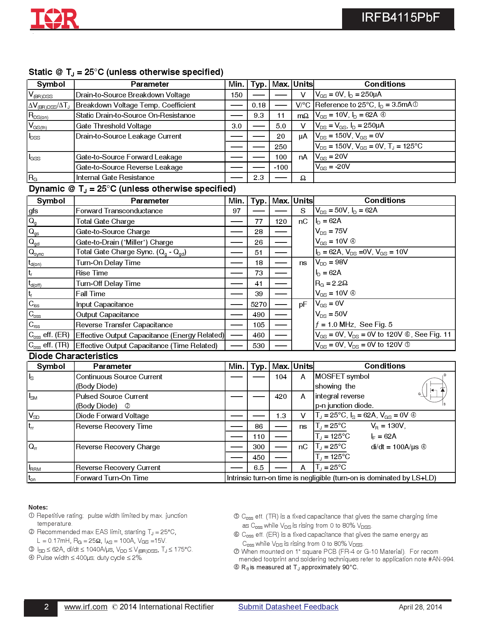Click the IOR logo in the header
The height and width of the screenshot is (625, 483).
coord(55,19)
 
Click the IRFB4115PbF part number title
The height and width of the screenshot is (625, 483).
coord(400,18)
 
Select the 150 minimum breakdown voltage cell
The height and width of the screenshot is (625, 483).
coord(236,95)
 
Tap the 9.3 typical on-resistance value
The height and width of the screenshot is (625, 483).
coord(259,116)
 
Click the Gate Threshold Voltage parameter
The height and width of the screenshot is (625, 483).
coord(114,126)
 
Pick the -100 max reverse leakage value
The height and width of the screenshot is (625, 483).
coord(281,167)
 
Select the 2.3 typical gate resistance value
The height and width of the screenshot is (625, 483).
coord(259,178)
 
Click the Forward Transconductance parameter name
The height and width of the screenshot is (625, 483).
coord(119,211)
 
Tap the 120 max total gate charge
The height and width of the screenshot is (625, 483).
coord(281,222)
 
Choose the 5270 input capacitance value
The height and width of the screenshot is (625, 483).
coord(259,305)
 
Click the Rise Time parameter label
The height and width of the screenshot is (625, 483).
coord(92,273)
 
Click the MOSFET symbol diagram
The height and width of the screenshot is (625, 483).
coord(434,390)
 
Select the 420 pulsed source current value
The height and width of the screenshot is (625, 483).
coord(281,397)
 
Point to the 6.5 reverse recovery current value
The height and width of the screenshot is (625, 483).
coord(259,468)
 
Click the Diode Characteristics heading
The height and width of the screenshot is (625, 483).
coord(73,356)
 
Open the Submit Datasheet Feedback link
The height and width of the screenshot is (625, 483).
coord(288,607)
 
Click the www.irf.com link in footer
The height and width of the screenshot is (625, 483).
coord(86,607)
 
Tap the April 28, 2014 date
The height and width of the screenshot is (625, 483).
coord(420,607)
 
